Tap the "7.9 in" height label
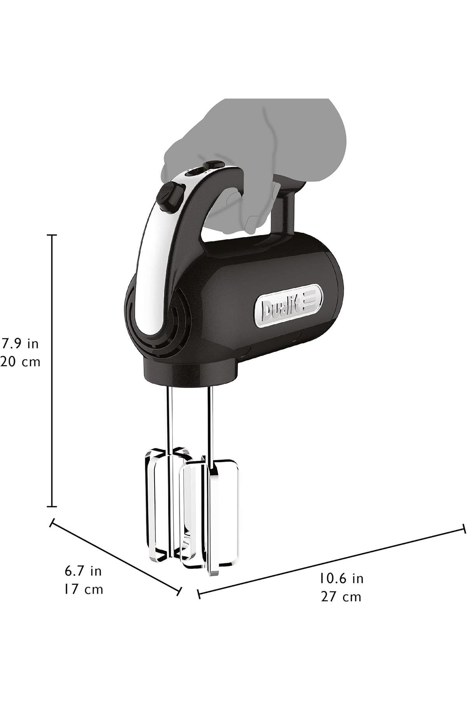[20, 343]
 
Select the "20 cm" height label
[20, 362]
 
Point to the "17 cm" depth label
[84, 589]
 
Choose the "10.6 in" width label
[341, 578]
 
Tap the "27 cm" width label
[341, 597]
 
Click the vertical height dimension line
[52, 371]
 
